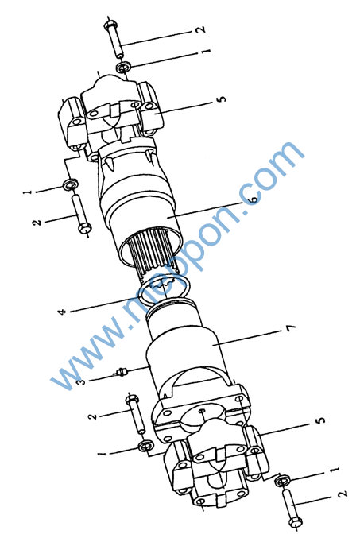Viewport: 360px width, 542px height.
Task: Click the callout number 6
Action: click(254, 199)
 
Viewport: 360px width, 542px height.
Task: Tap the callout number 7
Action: click(291, 328)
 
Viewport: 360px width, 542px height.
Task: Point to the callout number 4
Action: click(62, 312)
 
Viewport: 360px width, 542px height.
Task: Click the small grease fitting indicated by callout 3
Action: click(121, 372)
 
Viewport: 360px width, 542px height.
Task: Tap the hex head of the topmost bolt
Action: click(110, 25)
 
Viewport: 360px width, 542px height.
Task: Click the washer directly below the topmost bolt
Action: click(123, 67)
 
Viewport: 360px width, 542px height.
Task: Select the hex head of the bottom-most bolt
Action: click(296, 522)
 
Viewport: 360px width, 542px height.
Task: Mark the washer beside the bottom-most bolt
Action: click(281, 481)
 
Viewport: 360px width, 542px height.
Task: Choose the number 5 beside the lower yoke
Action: click(321, 420)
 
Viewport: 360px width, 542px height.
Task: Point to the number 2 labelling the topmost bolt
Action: click(200, 29)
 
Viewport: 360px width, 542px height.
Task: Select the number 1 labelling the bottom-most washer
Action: click(334, 470)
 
